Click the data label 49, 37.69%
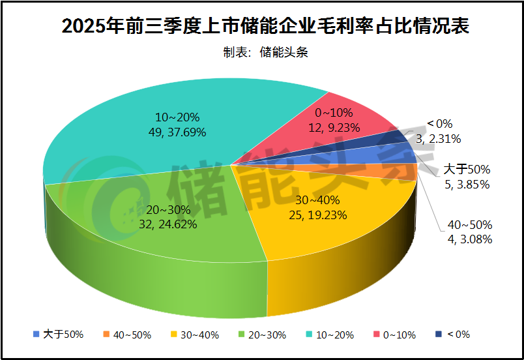pyautogui.click(x=178, y=132)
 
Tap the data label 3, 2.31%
pyautogui.click(x=443, y=138)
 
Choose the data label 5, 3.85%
pyautogui.click(x=467, y=184)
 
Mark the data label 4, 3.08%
pyautogui.click(x=469, y=239)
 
